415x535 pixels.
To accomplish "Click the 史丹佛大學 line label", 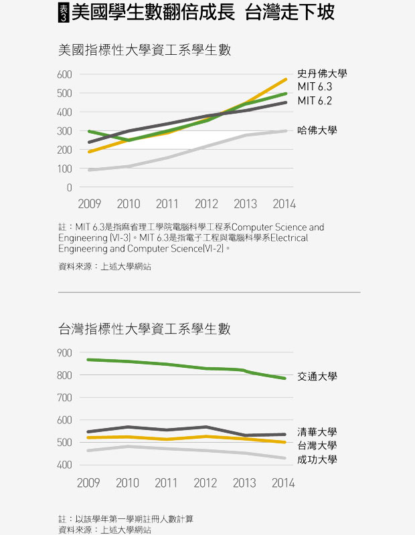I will point(322,74).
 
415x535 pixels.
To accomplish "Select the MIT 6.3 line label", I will point(315,87).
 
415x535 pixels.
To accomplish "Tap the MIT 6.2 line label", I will point(315,101).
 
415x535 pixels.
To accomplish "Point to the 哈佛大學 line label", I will point(317,130).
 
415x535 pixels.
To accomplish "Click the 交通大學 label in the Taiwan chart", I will point(317,377).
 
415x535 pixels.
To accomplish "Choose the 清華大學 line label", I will point(317,432).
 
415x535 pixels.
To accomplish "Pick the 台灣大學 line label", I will point(317,445).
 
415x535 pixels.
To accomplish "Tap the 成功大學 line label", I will point(317,459).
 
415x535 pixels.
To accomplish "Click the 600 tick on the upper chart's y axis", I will point(64,74).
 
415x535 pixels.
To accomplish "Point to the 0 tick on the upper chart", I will point(69,188).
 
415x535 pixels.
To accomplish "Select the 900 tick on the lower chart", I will point(64,352).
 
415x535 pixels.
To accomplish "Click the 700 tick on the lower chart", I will point(64,398).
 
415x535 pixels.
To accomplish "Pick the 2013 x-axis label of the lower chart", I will point(244,483).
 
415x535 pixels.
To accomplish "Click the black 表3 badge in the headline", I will point(64,13).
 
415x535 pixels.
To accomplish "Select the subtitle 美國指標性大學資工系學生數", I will point(145,50).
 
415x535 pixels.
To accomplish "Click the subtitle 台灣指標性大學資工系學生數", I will point(145,328).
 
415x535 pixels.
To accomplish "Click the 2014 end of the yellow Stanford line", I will point(286,80).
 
